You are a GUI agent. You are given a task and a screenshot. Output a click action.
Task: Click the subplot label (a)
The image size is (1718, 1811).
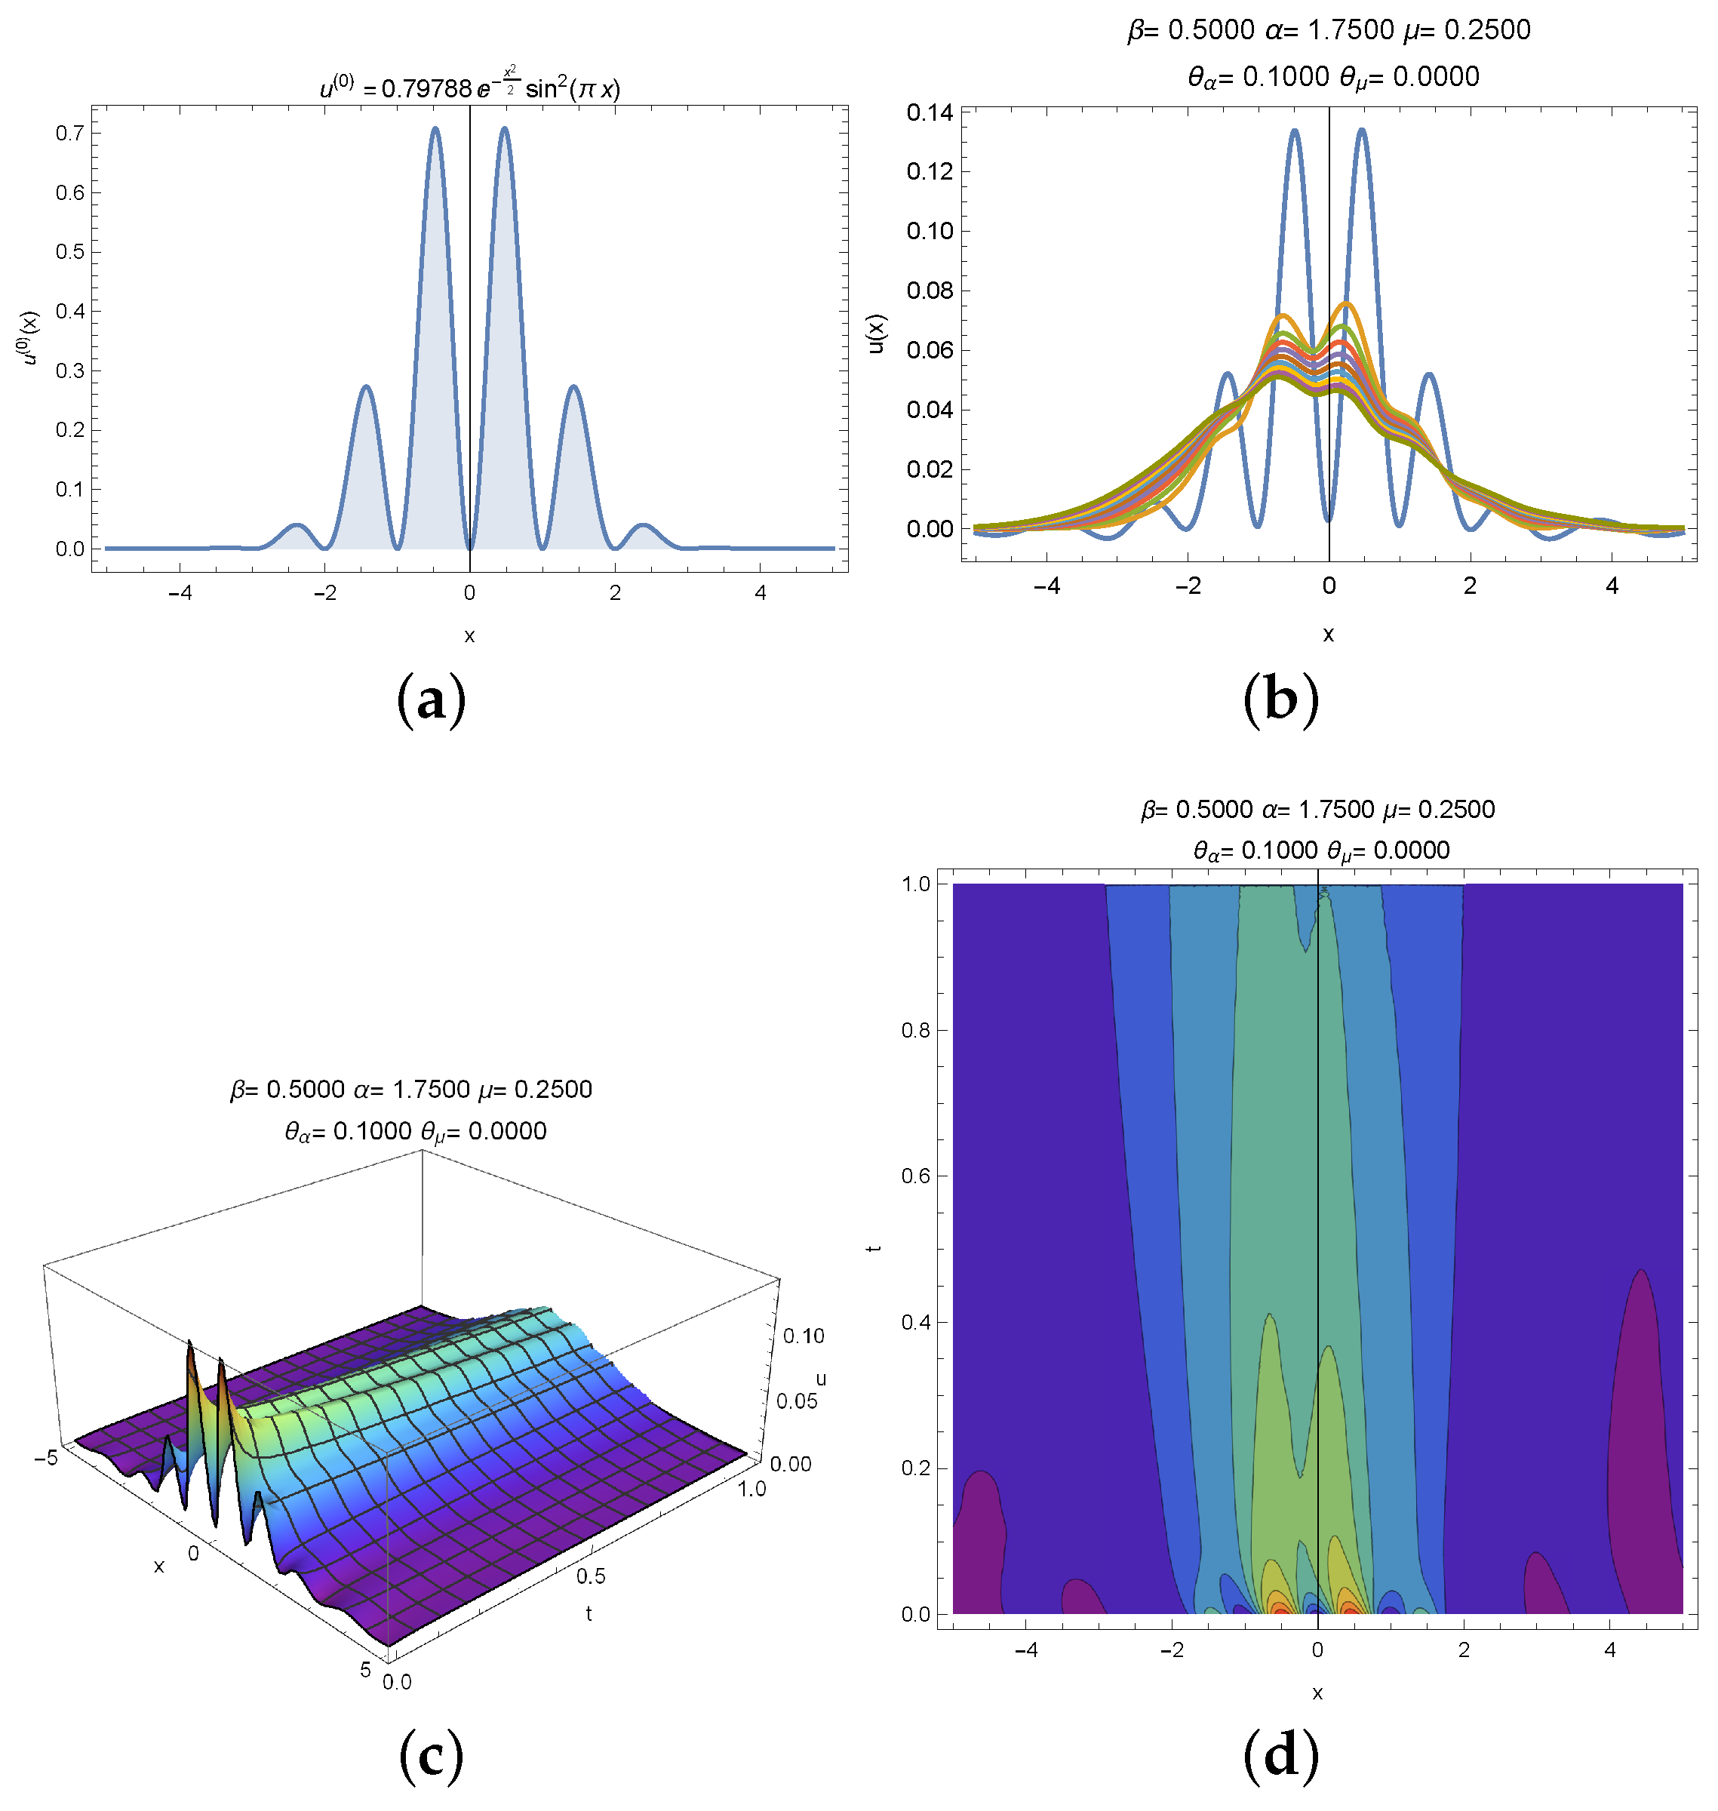(x=432, y=701)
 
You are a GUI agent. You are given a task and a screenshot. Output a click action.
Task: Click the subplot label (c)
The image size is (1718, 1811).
(x=432, y=1756)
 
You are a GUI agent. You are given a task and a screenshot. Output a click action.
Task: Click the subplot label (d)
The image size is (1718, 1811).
(x=1280, y=1756)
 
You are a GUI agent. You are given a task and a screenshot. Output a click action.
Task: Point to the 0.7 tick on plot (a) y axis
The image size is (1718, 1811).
(x=69, y=134)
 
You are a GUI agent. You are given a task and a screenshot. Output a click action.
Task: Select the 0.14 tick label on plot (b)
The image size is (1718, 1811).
(x=930, y=112)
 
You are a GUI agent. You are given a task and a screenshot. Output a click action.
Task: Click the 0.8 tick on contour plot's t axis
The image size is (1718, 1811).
(x=916, y=1029)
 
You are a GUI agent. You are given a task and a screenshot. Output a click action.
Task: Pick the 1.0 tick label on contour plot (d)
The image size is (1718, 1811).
(x=916, y=884)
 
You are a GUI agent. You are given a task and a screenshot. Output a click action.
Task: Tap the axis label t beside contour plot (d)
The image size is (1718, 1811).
(x=874, y=1247)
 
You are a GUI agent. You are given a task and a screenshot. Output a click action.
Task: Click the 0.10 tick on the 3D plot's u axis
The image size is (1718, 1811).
(x=803, y=1336)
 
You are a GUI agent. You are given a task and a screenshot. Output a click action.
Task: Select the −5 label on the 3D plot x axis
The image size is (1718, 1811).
(x=46, y=1457)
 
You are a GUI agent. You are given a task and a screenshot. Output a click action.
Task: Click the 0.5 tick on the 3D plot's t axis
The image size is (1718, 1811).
(x=591, y=1576)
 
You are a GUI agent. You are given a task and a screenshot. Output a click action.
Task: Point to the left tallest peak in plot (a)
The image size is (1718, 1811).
(x=435, y=129)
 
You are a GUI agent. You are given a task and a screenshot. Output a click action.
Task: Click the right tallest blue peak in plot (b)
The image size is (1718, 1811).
(x=1362, y=131)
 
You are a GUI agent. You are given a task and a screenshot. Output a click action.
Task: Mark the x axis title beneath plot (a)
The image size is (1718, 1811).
(x=469, y=635)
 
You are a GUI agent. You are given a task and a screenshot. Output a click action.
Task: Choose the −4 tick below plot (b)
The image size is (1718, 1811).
(x=1046, y=586)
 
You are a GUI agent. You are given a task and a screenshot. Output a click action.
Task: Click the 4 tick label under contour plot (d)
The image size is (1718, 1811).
(x=1610, y=1650)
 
